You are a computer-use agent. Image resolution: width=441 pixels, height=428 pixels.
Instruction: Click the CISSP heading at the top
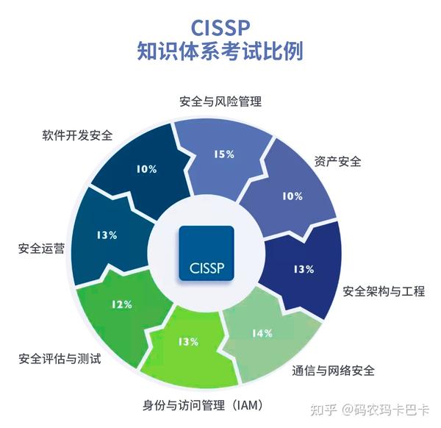pos(220,26)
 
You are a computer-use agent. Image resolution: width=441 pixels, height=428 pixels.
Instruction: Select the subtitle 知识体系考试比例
pos(220,52)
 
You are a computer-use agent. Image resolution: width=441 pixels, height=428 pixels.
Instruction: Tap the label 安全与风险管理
pos(220,101)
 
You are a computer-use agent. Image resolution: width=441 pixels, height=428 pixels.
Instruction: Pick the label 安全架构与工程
pos(384,291)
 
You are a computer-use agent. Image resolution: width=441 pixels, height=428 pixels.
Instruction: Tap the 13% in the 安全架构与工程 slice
pos(303,269)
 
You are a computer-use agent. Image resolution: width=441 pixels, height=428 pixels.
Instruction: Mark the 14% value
pos(262,333)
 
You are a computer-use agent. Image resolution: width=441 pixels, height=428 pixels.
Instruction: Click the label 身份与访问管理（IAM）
pos(201,405)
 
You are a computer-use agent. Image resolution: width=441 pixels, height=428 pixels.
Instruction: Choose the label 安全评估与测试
pos(59,360)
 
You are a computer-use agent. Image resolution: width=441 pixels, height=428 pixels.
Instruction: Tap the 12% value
pos(121,304)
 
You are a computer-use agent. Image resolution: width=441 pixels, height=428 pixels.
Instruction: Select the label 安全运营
pos(41,249)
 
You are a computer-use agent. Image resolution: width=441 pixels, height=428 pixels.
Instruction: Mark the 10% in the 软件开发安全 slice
pos(146,168)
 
